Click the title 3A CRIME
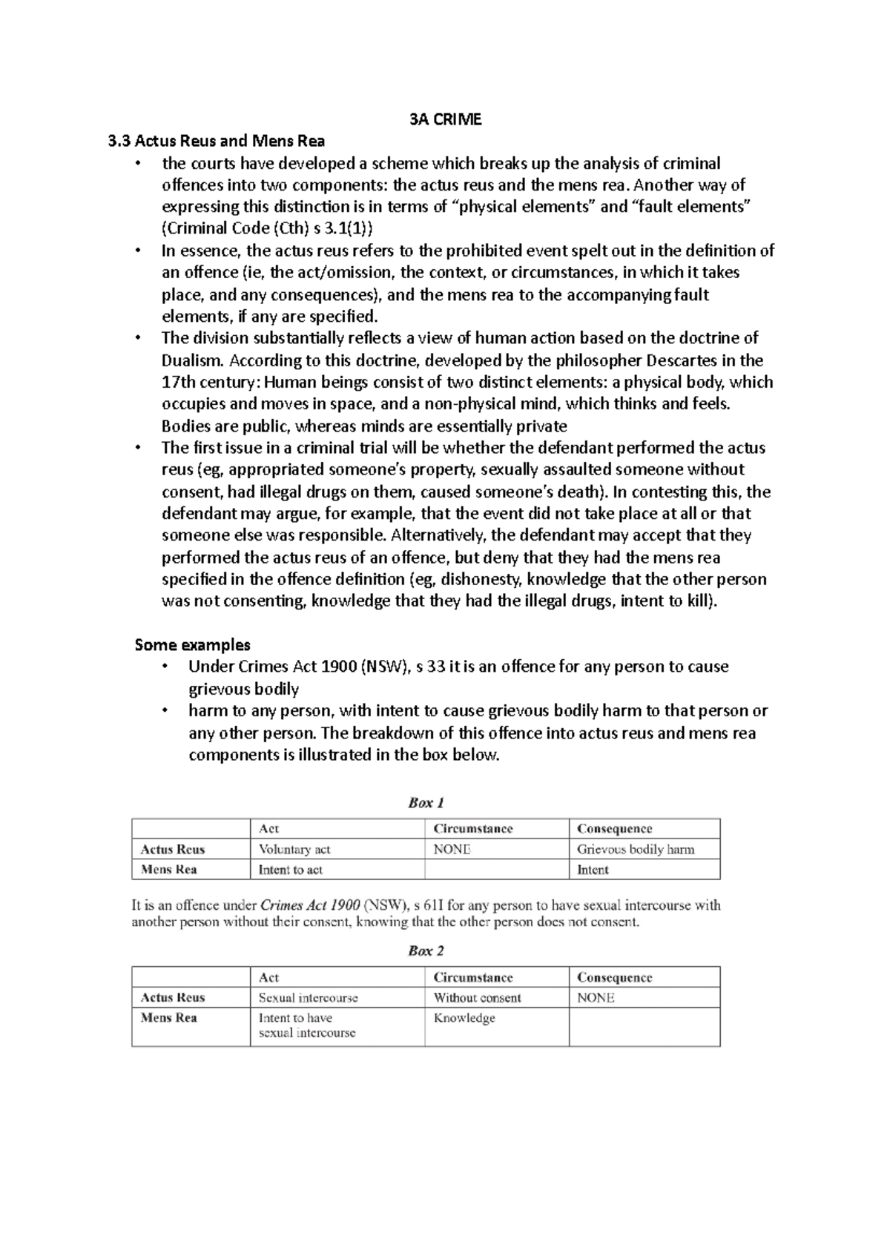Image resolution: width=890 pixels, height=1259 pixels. coord(445,119)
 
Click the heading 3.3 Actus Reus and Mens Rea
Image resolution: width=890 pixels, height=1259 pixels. coord(217,141)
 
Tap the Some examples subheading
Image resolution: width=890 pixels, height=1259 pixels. coord(192,644)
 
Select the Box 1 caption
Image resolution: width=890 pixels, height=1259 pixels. coord(426,802)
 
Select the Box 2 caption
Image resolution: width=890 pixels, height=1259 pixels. coord(426,951)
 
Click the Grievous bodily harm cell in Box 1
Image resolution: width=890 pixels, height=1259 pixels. coord(635,850)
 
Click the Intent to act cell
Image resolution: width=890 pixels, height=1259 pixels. coord(290,870)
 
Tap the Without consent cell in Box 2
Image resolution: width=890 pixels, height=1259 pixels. coord(477,998)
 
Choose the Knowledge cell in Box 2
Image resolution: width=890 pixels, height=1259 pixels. coord(464,1018)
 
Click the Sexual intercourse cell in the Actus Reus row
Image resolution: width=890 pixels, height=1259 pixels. coord(308,998)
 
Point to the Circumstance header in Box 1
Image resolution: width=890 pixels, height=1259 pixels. coord(472,829)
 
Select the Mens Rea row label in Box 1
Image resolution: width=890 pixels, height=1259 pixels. coord(168,870)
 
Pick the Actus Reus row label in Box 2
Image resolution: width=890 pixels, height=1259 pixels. coord(172,998)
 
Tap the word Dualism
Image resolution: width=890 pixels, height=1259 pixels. coord(192,360)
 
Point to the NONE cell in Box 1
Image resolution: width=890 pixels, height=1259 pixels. coord(452,850)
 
